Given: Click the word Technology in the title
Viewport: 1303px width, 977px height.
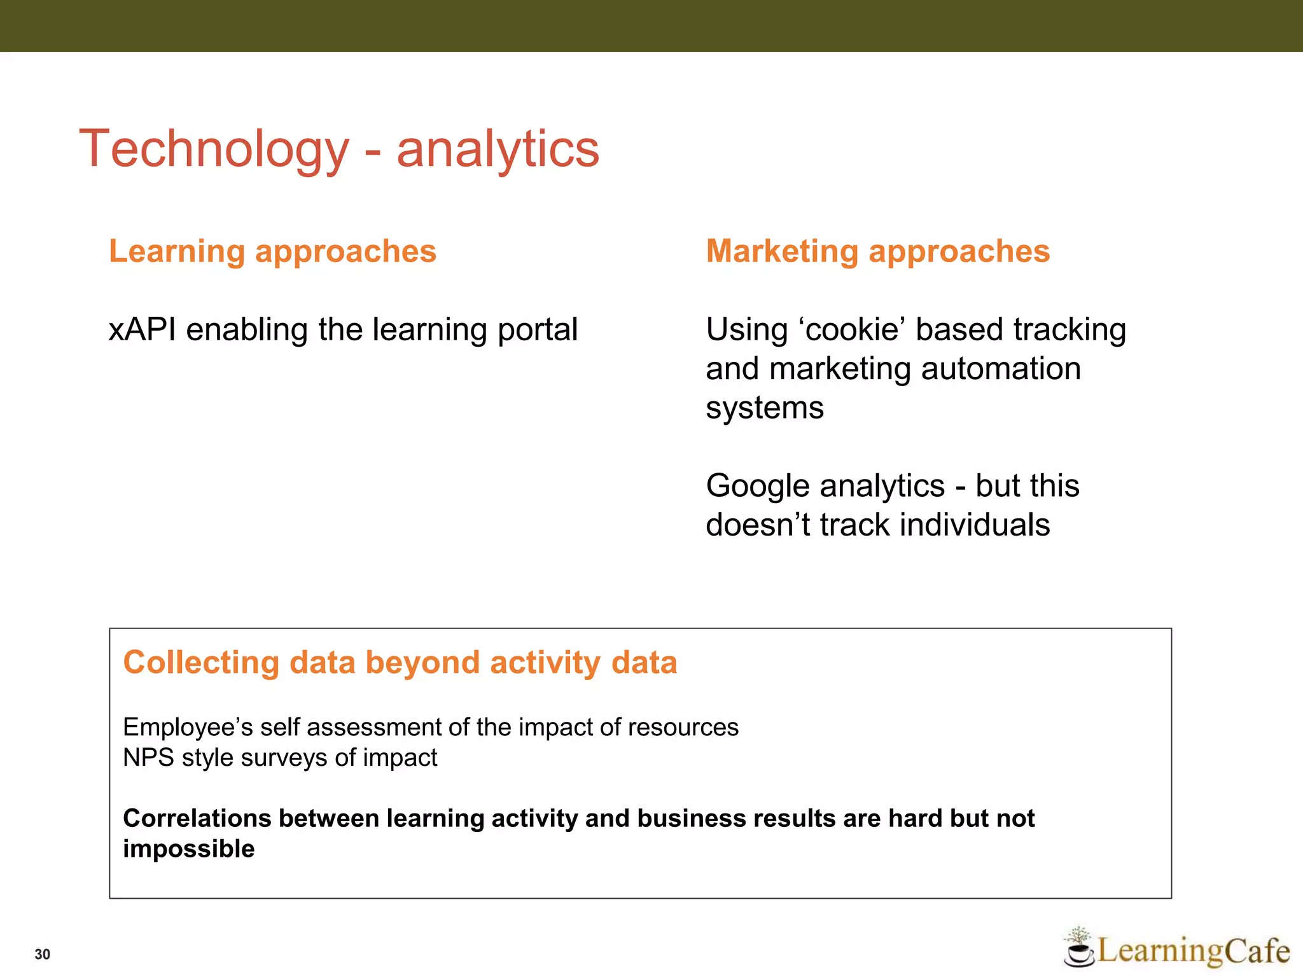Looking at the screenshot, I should pos(214,149).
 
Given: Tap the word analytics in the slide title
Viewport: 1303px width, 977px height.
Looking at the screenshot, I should pos(498,149).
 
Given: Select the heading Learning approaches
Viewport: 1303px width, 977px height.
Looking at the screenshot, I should pos(272,251).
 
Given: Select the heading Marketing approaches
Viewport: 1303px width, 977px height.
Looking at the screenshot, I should pos(877,251).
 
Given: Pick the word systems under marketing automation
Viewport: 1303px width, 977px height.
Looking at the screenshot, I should pos(764,408).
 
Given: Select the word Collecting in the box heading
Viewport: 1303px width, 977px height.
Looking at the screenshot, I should pos(201,663).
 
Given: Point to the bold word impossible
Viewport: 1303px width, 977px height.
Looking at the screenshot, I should pos(188,849).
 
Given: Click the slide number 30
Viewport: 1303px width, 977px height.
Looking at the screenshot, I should pos(42,954).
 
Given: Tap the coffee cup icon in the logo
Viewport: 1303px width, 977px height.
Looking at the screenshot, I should pos(1078,950).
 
